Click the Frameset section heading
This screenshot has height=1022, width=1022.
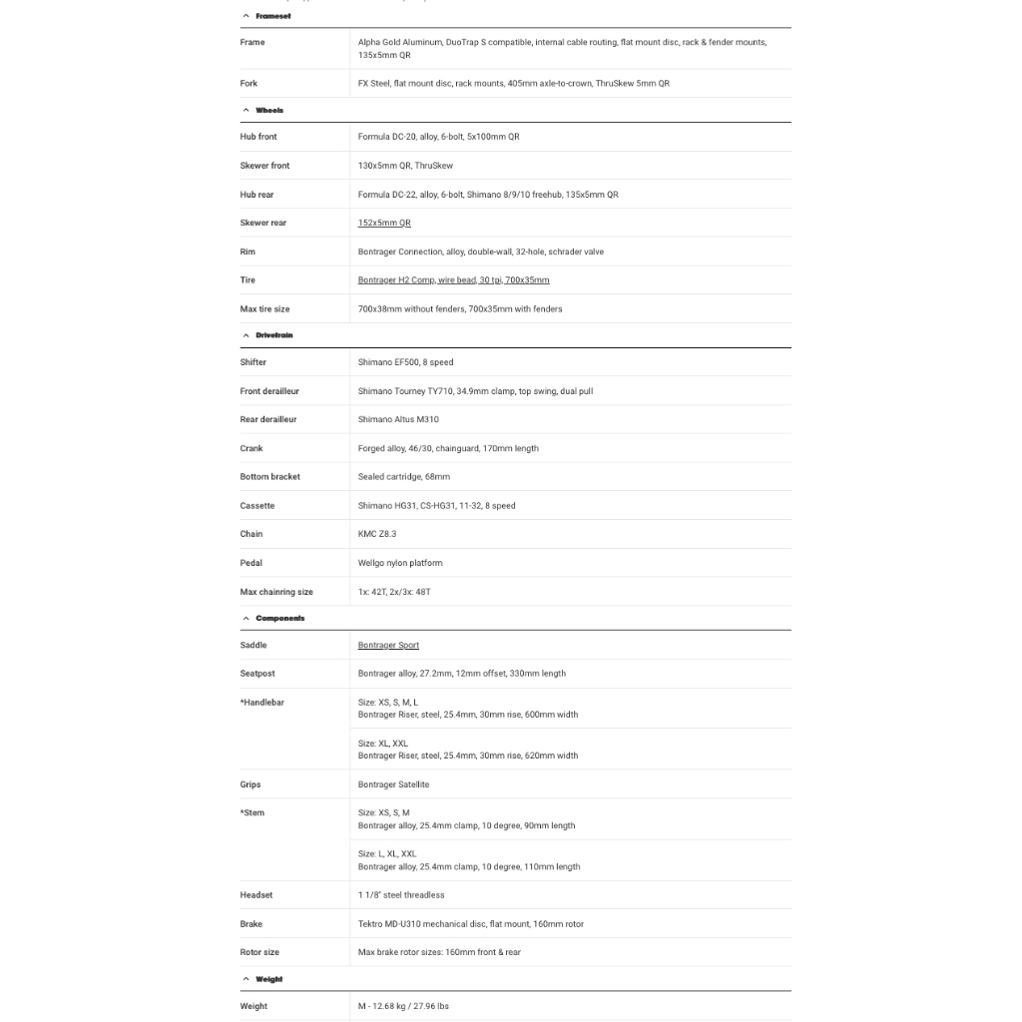coord(272,16)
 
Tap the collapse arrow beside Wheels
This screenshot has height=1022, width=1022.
coord(247,111)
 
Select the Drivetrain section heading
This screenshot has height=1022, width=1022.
coord(274,335)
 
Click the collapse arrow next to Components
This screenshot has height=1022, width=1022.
coord(247,619)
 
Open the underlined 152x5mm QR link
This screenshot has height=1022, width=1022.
coord(384,223)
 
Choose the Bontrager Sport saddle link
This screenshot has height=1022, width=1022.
coord(388,646)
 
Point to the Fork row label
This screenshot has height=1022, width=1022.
coord(249,84)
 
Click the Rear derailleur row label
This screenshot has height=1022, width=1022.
coord(267,419)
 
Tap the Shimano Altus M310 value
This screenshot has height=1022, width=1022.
coord(398,419)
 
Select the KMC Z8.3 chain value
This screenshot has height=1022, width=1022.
coord(377,534)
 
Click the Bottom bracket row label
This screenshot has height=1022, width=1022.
coord(269,477)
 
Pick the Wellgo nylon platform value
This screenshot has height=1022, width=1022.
coord(400,563)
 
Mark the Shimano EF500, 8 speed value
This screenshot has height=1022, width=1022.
coord(405,362)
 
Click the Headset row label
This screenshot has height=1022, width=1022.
coord(256,895)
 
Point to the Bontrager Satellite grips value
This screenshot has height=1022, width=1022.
coord(393,784)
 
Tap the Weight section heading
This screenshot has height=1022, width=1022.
coord(268,980)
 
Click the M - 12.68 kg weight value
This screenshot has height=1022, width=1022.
coord(403,1006)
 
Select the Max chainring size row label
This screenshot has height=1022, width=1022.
coord(276,592)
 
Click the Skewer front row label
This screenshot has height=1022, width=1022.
coord(264,166)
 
